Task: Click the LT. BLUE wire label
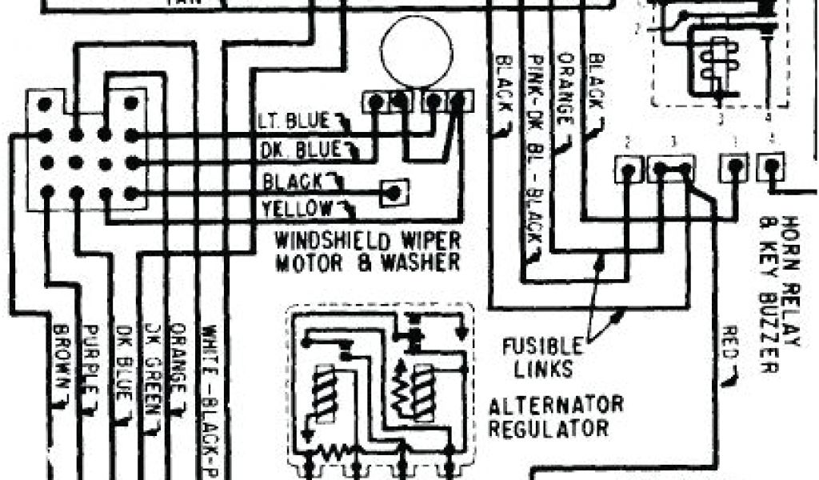click(x=293, y=122)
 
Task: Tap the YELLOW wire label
click(x=297, y=210)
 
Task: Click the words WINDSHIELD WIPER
click(x=368, y=240)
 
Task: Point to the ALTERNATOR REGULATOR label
click(x=556, y=415)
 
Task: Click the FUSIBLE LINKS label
click(x=542, y=358)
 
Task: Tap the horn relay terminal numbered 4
click(x=771, y=168)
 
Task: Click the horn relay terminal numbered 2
click(x=629, y=168)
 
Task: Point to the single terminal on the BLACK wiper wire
click(x=393, y=192)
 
